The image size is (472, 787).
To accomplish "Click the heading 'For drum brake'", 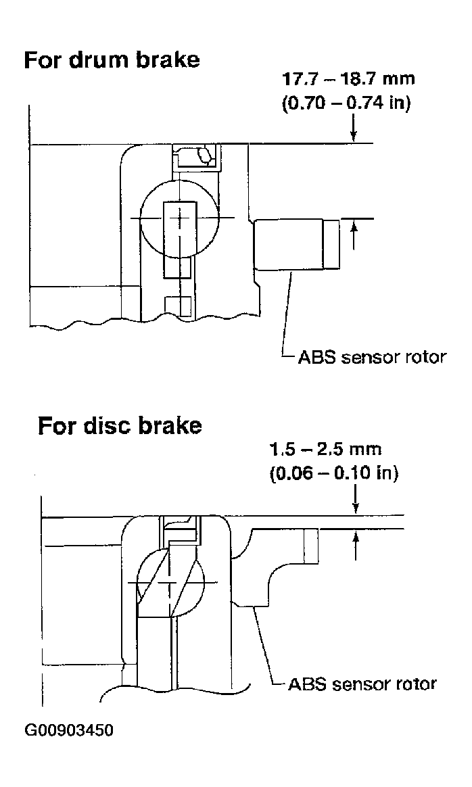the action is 112,60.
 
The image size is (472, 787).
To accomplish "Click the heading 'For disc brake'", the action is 120,426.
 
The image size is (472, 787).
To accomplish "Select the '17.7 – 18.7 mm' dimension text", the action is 349,79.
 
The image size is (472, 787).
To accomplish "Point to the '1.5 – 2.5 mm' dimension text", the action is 325,449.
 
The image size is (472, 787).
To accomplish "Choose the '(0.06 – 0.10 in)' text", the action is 333,473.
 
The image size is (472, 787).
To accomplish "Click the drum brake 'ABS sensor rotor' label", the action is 372,358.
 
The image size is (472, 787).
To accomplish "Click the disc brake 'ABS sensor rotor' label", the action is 362,684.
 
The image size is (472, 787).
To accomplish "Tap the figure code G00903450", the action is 69,730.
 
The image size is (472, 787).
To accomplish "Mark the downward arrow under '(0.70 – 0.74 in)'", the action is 354,128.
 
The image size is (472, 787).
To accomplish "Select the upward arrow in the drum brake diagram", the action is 354,235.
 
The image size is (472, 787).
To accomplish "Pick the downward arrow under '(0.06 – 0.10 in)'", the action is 356,500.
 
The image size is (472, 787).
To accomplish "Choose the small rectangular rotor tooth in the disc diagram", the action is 311,546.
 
